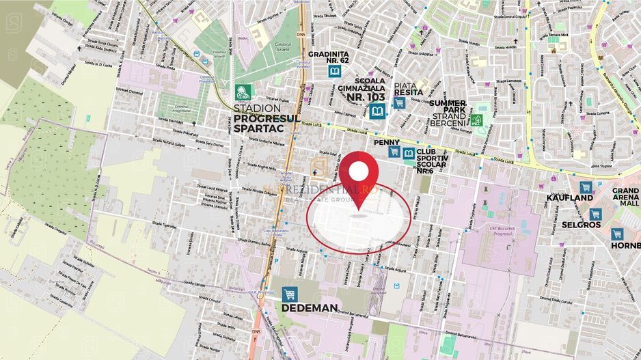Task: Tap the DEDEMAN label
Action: [310, 307]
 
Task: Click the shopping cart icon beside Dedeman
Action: [290, 294]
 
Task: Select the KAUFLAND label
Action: [569, 197]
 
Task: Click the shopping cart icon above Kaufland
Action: [585, 186]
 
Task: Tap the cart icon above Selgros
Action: [596, 213]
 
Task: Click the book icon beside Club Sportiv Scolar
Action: [409, 153]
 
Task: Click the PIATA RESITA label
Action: [409, 88]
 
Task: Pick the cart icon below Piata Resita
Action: [399, 103]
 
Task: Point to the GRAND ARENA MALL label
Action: [625, 198]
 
